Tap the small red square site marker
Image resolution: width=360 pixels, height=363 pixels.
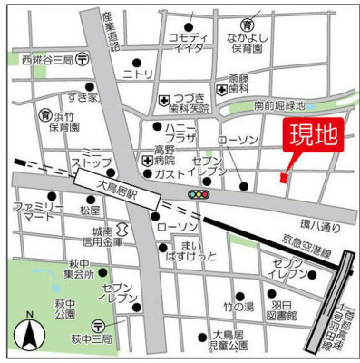(x=283, y=178)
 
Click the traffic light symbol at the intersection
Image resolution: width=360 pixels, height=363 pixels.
(x=197, y=194)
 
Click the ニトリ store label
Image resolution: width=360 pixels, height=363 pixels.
(x=139, y=74)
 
